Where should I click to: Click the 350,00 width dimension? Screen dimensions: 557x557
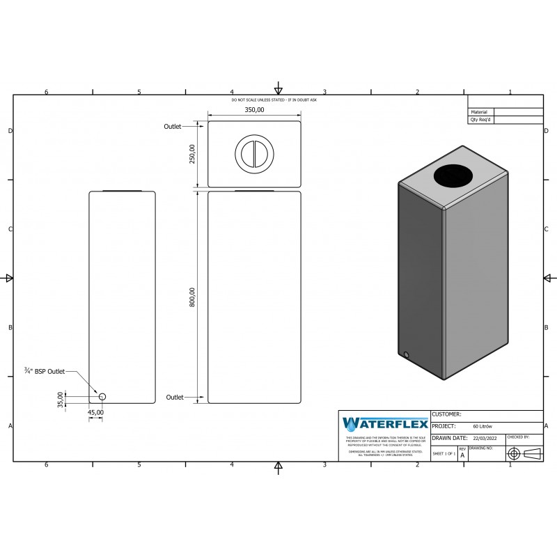coord(254,110)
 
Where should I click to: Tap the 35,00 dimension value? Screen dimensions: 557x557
coord(61,399)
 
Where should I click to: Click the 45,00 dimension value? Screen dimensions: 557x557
coord(95,412)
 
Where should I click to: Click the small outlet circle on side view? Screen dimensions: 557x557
coord(102,396)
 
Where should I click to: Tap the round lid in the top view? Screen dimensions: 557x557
coord(255,153)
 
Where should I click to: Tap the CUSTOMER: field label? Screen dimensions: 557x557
coord(447,414)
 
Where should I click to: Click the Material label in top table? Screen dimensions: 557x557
coord(479,111)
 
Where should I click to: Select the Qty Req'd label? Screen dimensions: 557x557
coord(480,120)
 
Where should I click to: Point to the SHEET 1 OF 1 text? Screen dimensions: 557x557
coord(444,453)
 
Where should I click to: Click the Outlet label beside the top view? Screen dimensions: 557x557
coord(172,127)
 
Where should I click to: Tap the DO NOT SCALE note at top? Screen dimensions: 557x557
coord(274,101)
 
